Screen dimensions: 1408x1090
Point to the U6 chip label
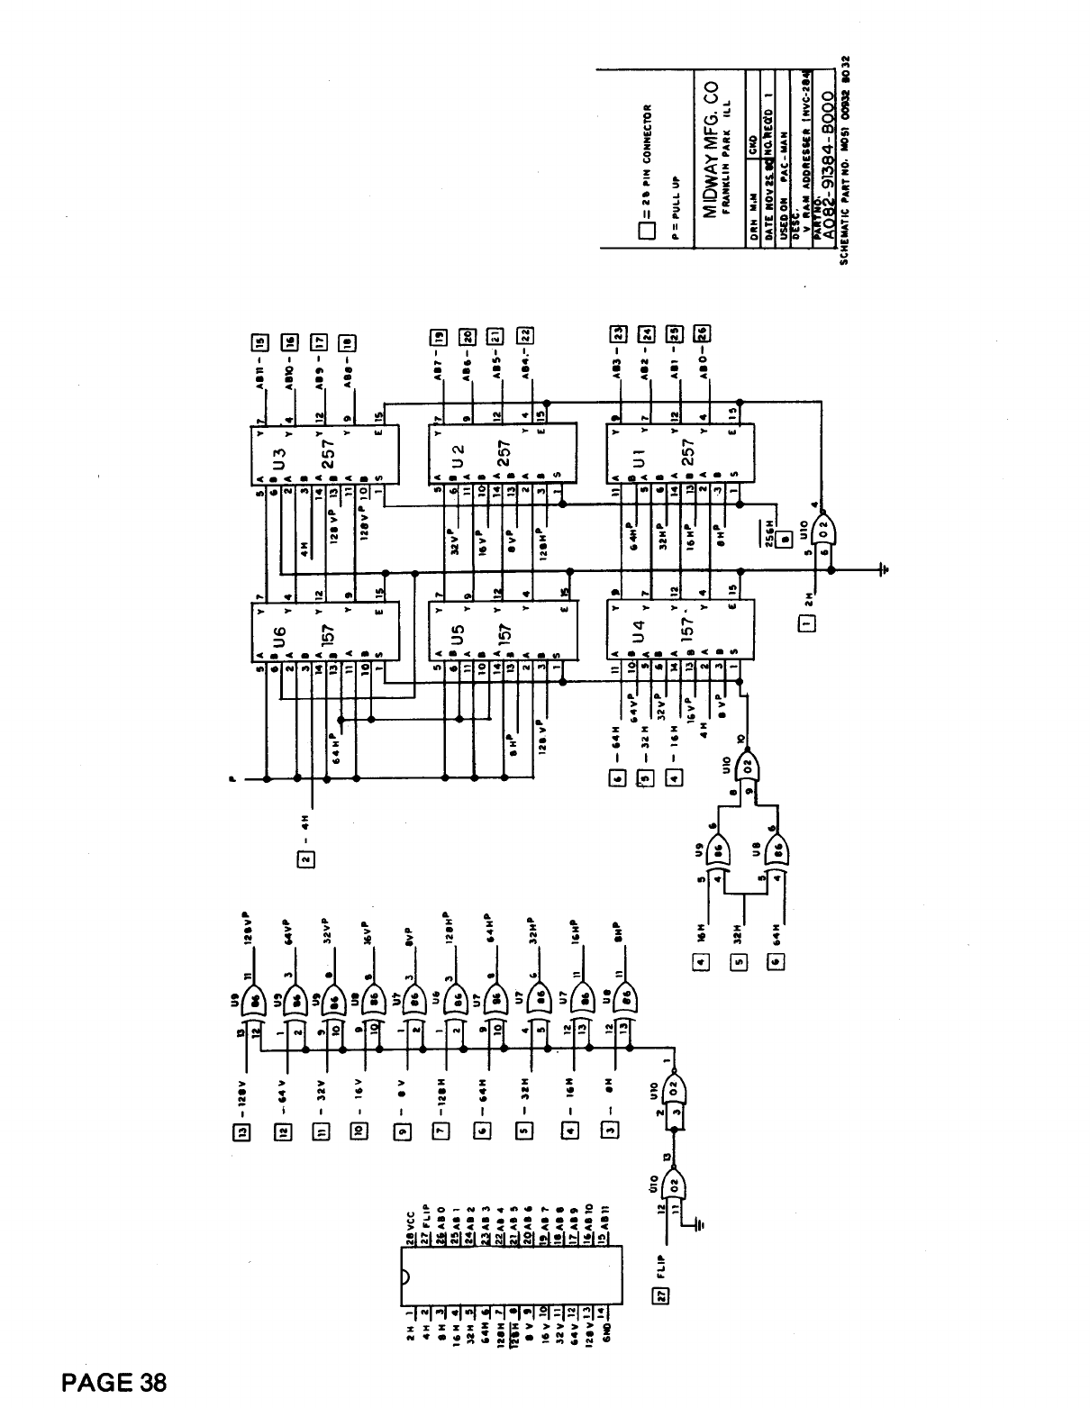[278, 641]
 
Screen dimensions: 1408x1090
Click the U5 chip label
[456, 641]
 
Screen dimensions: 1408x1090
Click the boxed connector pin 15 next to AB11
[261, 341]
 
